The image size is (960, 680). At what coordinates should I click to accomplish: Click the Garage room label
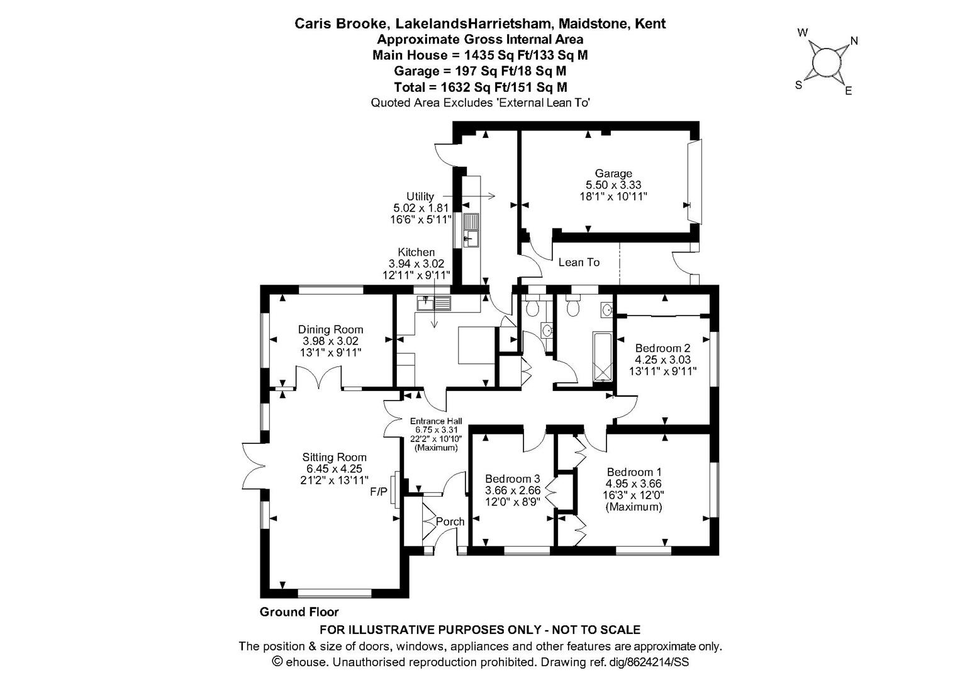613,173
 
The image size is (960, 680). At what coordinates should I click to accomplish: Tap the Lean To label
579,262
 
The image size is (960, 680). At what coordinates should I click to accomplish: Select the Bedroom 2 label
662,348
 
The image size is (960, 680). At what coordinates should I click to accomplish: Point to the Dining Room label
330,329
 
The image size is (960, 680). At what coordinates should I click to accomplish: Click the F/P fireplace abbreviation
379,492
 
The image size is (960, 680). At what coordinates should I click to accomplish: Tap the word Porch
450,522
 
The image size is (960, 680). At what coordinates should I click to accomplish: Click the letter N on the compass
854,41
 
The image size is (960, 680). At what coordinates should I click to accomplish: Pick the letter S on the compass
798,85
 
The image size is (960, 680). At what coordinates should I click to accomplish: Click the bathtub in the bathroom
603,356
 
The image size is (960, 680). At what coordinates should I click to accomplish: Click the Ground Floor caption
299,612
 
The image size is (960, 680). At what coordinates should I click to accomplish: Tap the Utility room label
420,196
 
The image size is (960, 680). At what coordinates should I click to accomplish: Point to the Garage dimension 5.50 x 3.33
613,185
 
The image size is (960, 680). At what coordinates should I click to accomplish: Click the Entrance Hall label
436,421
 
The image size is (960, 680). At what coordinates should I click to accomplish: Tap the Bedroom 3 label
513,479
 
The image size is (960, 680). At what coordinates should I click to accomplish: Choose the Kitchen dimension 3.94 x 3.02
416,263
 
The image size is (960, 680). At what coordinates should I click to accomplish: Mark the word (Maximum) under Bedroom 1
634,507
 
